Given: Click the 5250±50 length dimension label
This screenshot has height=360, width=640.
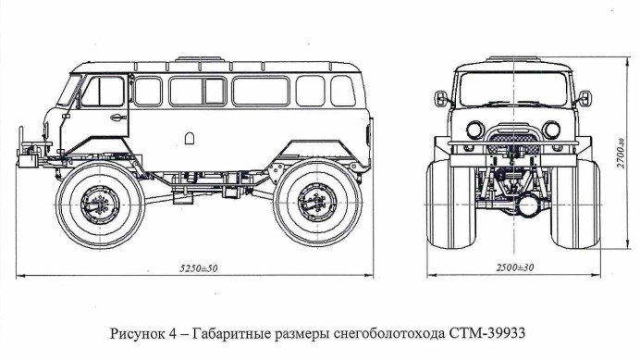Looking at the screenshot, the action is (199, 268).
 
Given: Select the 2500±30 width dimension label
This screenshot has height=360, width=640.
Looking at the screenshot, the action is (515, 268).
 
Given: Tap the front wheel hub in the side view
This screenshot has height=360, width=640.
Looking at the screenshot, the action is (100, 205).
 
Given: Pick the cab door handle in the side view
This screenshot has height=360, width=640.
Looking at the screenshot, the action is (117, 118).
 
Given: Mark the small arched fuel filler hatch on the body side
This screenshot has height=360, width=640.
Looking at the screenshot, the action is (190, 138).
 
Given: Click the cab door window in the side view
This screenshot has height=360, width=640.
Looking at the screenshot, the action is (103, 91).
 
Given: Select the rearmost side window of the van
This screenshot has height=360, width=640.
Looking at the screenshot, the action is (343, 91).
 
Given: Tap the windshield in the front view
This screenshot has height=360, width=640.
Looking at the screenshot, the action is (513, 89).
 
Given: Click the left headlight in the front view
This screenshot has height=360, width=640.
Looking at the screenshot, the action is (474, 130).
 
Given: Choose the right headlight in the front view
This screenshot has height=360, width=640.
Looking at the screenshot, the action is (551, 130).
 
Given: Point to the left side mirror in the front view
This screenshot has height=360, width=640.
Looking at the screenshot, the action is (440, 98).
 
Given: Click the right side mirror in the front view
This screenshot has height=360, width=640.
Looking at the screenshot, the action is (585, 98).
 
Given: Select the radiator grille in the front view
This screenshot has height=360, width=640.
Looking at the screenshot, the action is (513, 138).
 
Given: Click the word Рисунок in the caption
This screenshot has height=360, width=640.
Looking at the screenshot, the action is (136, 334).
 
